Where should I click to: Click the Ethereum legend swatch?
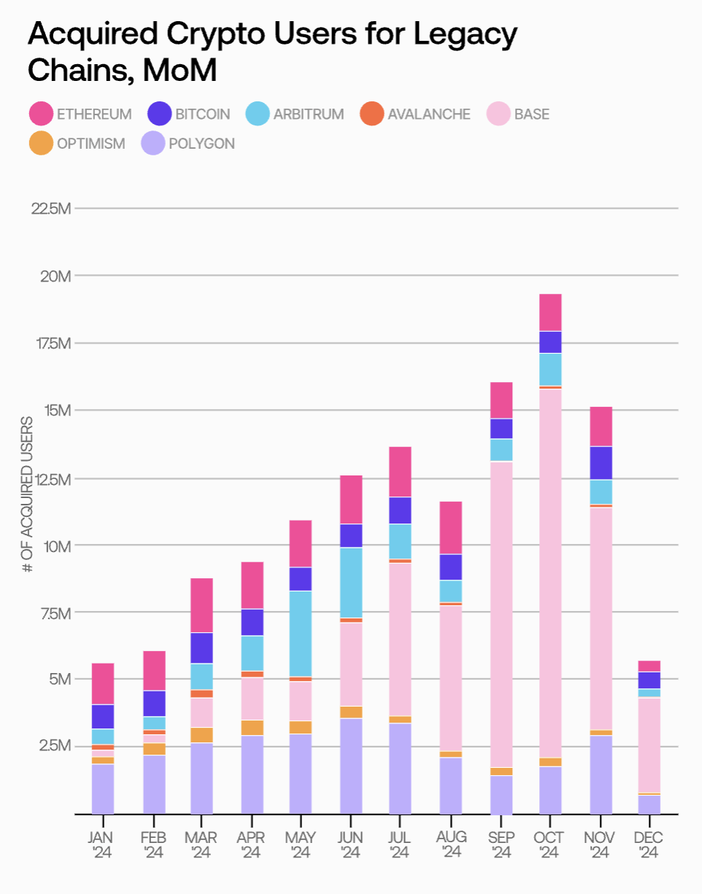[x=41, y=114]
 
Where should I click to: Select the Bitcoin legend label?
[x=202, y=114]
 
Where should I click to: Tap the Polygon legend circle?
[x=154, y=143]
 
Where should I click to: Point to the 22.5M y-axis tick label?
[x=50, y=209]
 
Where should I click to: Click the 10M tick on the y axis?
[x=55, y=546]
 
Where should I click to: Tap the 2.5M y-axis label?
[x=53, y=746]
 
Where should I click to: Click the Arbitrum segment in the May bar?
[x=301, y=633]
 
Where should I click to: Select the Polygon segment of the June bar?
[x=351, y=766]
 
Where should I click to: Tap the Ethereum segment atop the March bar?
[x=201, y=605]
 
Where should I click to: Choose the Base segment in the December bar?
[x=649, y=745]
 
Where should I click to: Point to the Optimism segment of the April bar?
[x=252, y=727]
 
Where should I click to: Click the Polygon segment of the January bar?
[x=102, y=788]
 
